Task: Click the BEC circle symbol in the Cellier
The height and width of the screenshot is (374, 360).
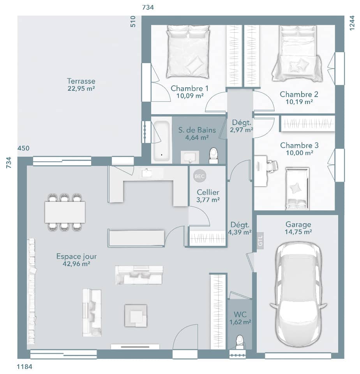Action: [199, 176]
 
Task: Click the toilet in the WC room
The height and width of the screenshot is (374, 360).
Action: [240, 342]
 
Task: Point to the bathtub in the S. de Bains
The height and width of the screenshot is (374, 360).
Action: [161, 141]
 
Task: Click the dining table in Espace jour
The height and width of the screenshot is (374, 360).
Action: [65, 212]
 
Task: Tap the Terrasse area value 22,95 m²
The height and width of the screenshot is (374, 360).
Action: [81, 88]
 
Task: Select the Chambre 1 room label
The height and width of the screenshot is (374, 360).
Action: [189, 88]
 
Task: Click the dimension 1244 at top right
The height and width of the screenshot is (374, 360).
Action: [352, 23]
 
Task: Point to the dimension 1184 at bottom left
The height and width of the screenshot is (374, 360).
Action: [24, 367]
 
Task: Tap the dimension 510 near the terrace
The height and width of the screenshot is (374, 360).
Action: [133, 21]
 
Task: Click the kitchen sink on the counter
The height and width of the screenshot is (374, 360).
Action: [147, 173]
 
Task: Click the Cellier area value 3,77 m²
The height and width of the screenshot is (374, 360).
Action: [208, 199]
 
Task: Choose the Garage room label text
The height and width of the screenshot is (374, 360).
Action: [298, 224]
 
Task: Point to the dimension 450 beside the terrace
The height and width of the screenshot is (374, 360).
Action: [23, 148]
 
